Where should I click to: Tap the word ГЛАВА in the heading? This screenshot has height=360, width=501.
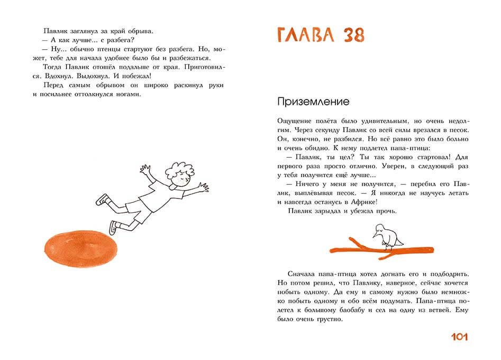(x=305, y=34)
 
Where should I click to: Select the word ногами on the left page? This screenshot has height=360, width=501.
(x=129, y=95)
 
